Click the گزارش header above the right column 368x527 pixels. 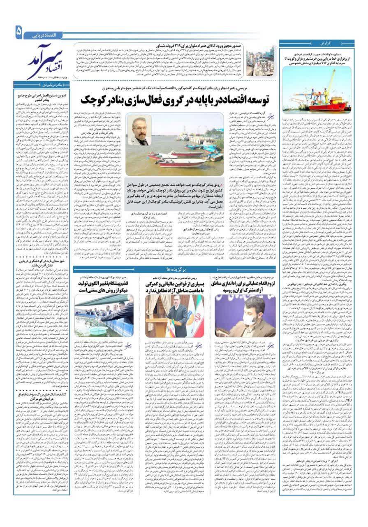click(315, 43)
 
